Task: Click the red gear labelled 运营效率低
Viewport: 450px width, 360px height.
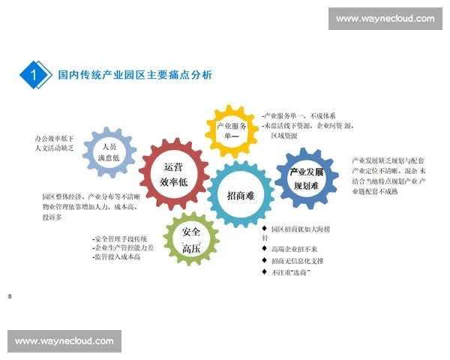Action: click(x=173, y=174)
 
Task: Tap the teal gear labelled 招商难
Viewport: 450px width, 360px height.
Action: click(x=241, y=195)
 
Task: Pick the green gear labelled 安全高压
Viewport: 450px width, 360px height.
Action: click(x=190, y=238)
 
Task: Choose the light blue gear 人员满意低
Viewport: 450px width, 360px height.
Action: click(x=110, y=152)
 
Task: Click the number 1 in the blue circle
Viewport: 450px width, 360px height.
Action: click(x=35, y=75)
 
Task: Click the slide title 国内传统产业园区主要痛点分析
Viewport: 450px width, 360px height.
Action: click(x=135, y=75)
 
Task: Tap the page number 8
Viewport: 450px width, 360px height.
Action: click(x=10, y=298)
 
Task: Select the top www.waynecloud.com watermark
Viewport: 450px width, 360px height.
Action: click(x=385, y=19)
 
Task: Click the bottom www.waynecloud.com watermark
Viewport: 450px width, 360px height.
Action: click(x=64, y=341)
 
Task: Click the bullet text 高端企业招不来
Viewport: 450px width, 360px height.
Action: click(x=294, y=249)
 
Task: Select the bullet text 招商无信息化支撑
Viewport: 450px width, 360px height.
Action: click(x=297, y=260)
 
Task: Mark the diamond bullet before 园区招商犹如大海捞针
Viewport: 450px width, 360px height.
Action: click(x=264, y=228)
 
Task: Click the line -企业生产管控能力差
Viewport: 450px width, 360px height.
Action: click(x=123, y=247)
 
